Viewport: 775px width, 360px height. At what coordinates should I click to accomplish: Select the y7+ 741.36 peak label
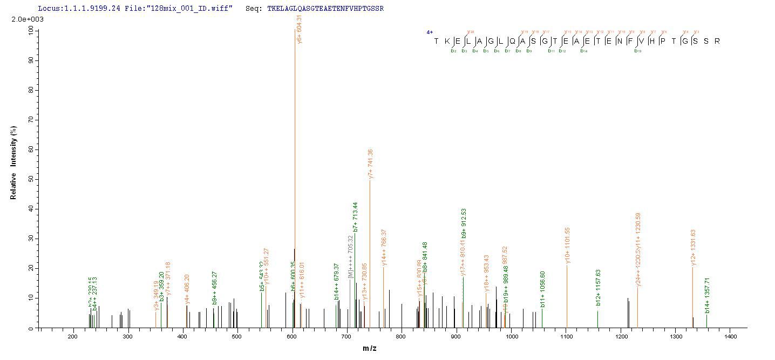370,164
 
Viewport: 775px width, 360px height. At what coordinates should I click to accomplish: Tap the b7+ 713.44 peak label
355,217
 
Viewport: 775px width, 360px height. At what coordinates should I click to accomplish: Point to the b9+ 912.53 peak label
464,223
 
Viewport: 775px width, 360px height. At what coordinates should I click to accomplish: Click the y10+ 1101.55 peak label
567,246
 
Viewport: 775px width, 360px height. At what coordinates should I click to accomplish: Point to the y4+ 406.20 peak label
187,286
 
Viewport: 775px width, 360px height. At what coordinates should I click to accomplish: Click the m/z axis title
370,348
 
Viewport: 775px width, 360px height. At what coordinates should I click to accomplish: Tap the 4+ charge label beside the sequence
430,32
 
